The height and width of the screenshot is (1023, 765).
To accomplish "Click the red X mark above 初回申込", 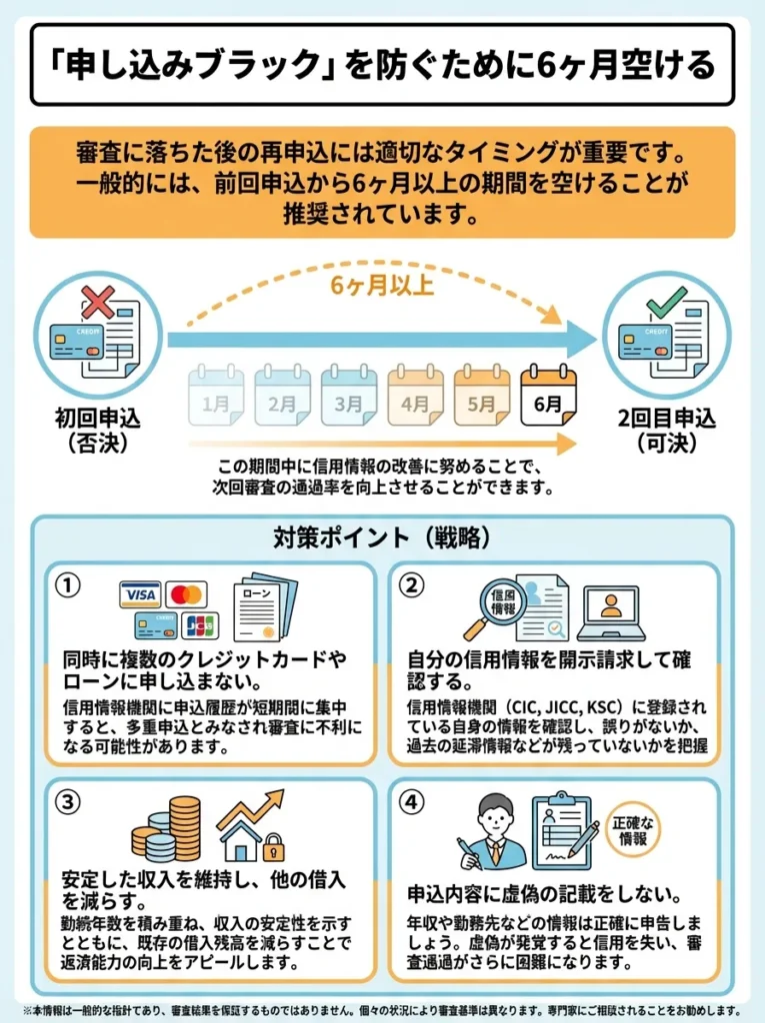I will [97, 302].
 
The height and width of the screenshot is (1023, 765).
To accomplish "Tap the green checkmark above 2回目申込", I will [666, 300].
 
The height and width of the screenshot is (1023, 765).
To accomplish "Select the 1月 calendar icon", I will [216, 396].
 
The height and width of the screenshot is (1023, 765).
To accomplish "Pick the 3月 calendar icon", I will [349, 396].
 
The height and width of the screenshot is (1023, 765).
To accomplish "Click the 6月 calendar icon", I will [548, 396].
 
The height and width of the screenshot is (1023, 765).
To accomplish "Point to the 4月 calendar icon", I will [415, 396].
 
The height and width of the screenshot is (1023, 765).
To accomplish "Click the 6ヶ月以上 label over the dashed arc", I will [382, 286].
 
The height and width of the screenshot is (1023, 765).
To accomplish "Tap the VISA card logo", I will [140, 594].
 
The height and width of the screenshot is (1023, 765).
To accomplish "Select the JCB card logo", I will [200, 625].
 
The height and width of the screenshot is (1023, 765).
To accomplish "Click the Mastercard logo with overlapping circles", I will [186, 594].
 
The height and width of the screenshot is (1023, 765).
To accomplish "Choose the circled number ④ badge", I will [411, 803].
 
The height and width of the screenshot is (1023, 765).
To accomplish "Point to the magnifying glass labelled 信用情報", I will [497, 605].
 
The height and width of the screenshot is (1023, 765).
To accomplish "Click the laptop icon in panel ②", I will [609, 612].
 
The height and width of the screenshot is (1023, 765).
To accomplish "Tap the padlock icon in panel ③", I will [273, 849].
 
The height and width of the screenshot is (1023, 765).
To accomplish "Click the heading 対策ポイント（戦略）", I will [382, 537].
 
